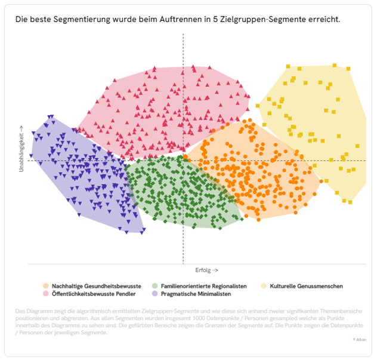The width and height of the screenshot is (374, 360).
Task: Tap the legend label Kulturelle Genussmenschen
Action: (306, 286)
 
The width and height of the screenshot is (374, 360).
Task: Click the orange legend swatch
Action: (46, 286)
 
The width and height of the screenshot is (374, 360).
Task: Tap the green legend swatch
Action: (155, 286)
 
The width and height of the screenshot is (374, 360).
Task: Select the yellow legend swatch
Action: (263, 286)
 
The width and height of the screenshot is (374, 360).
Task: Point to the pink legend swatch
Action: (46, 294)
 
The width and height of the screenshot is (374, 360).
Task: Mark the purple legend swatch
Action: (155, 294)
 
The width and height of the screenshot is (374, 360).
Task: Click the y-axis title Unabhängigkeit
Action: (21, 149)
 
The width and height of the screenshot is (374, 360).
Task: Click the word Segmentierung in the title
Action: (81, 19)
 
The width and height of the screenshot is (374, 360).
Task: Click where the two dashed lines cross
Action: (183, 161)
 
